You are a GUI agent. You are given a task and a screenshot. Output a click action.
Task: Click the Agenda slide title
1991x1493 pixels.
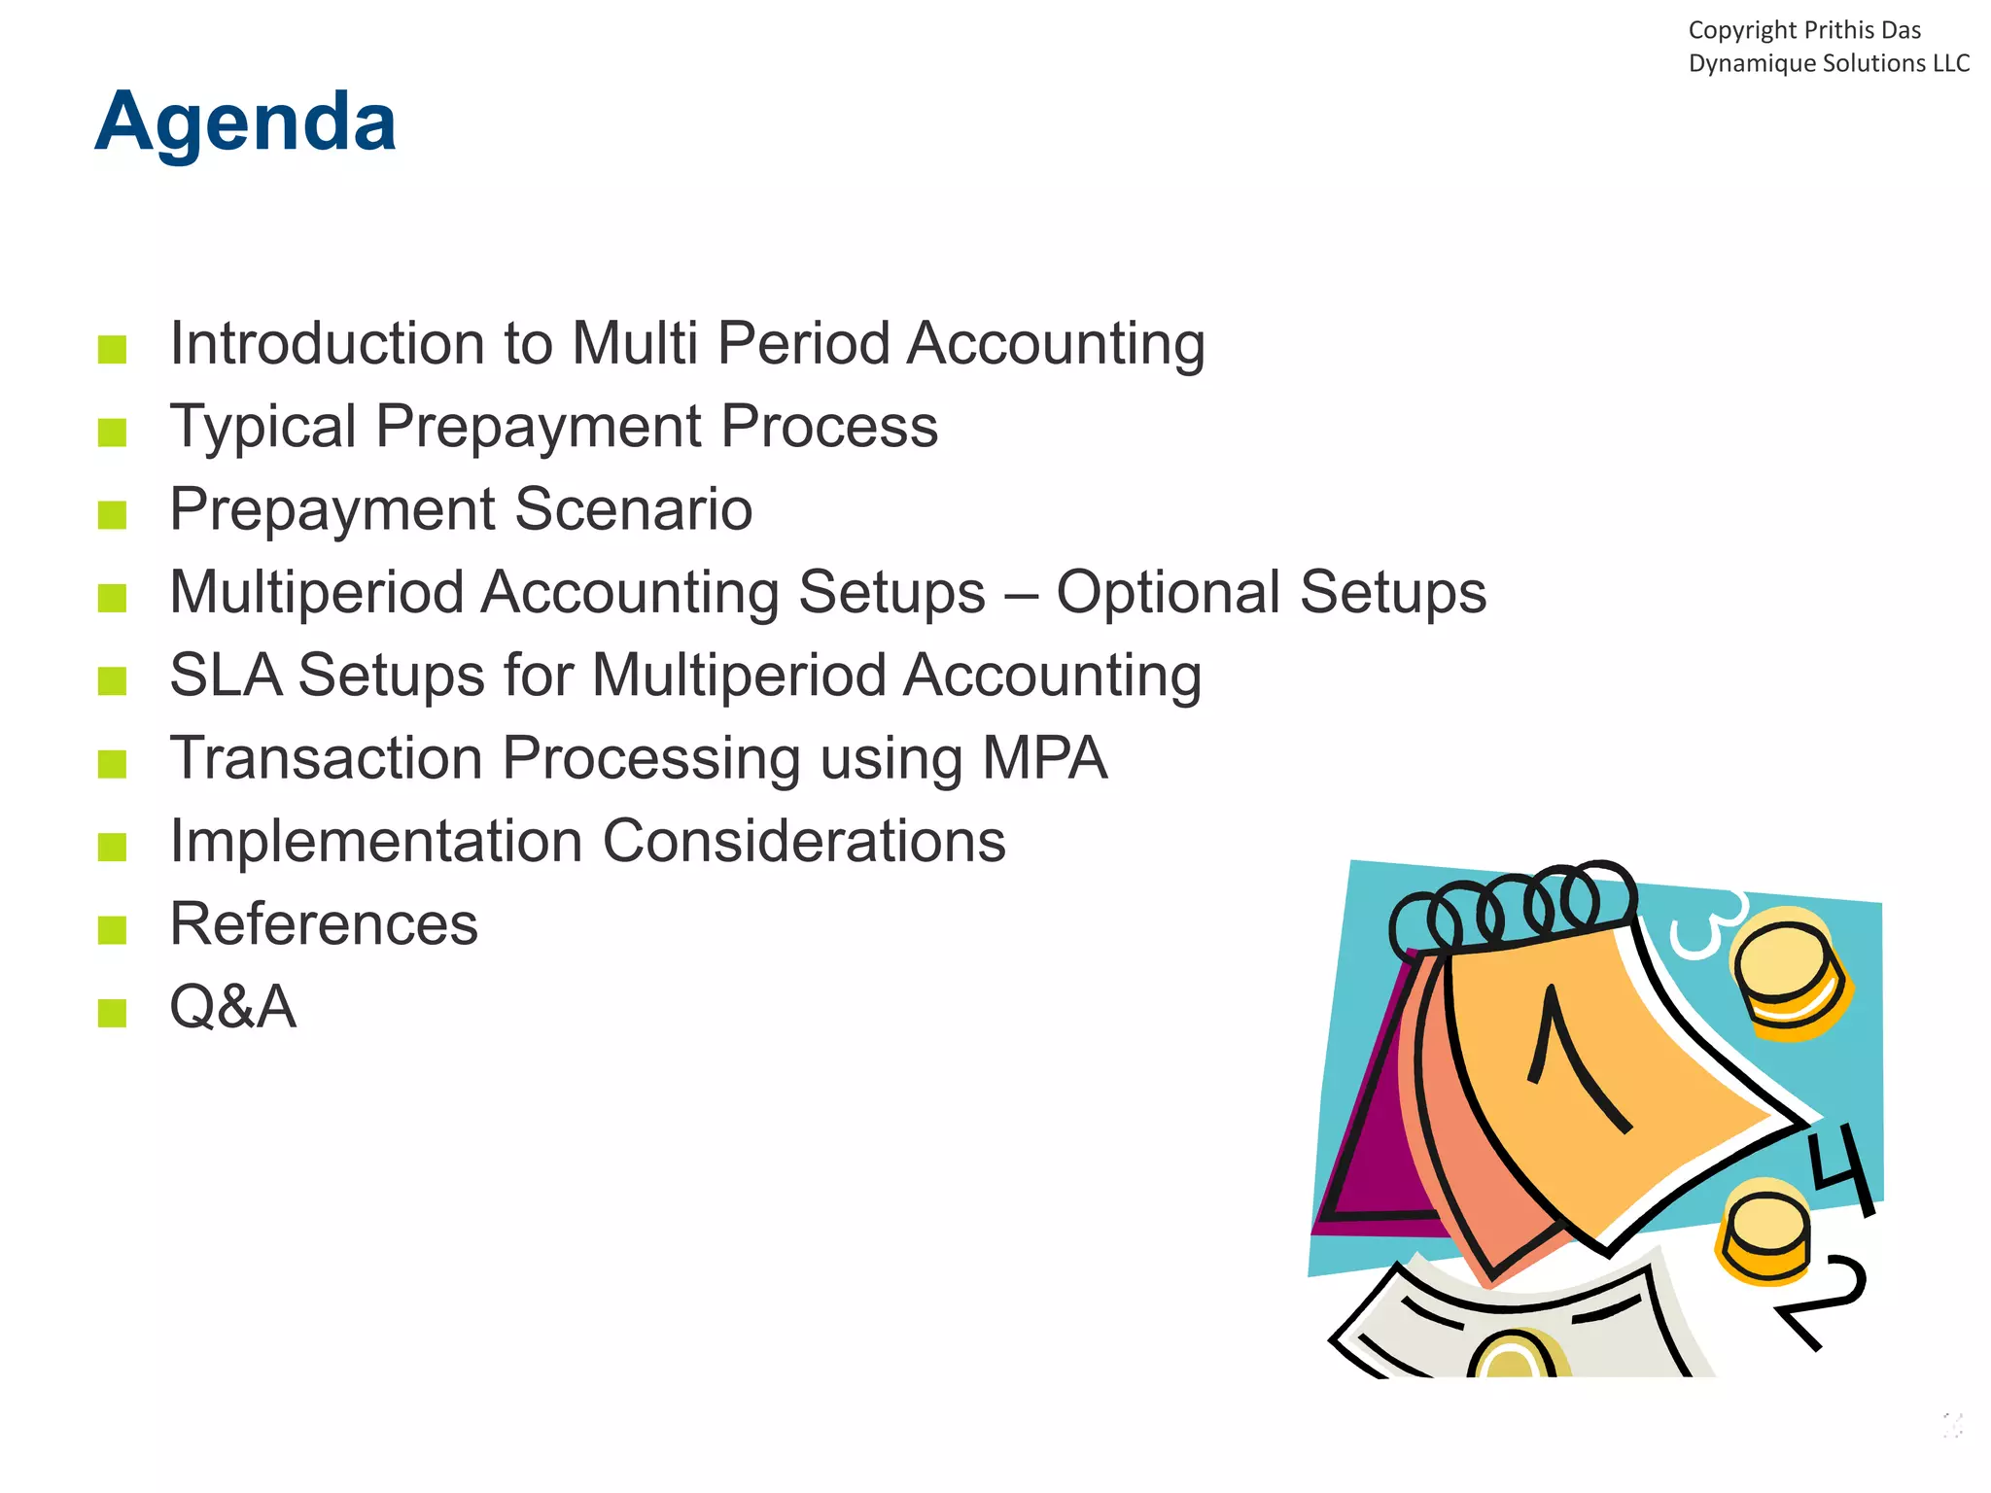(245, 122)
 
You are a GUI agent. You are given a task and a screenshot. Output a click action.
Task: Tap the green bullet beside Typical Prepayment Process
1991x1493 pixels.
(113, 432)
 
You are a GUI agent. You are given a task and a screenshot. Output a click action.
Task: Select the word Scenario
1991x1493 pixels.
(633, 509)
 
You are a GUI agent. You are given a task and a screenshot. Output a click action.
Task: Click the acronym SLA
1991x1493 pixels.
(226, 676)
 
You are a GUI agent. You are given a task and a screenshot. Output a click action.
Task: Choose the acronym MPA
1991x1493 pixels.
(1044, 758)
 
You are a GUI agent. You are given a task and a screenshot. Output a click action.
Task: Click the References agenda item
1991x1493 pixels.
(324, 924)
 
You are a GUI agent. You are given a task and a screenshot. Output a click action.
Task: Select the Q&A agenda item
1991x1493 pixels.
(232, 1007)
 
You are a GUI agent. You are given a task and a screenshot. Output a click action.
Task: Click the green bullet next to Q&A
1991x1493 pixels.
(113, 1013)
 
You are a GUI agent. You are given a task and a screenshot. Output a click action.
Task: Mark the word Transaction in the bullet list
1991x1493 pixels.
(326, 758)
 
